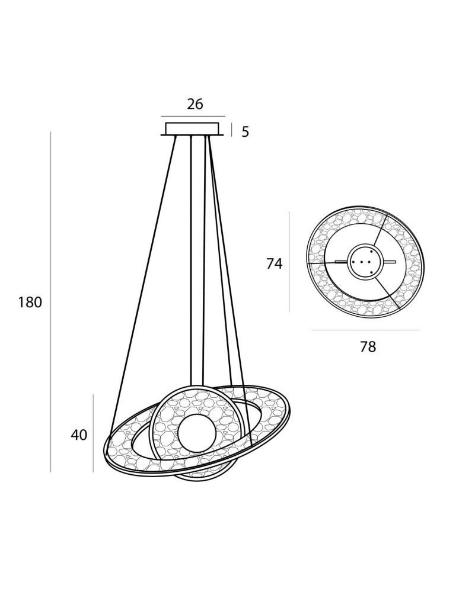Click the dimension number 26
(195, 104)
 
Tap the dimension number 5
(245, 132)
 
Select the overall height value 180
(30, 303)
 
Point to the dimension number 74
(274, 264)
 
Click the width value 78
(368, 348)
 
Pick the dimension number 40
(79, 435)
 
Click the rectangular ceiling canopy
(192, 128)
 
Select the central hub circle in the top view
(363, 261)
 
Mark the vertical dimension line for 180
(51, 302)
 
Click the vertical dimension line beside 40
(93, 433)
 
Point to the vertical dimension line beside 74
(289, 262)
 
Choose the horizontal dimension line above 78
(365, 330)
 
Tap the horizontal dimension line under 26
(193, 116)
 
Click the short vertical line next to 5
(231, 130)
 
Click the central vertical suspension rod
(197, 260)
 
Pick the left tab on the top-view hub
(341, 262)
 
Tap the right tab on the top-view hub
(389, 262)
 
